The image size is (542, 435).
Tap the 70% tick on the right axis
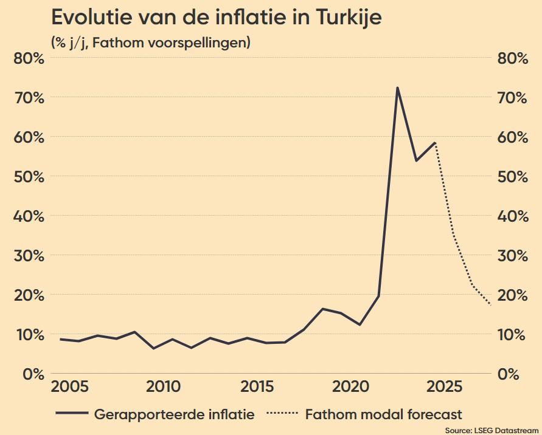pyautogui.click(x=512, y=97)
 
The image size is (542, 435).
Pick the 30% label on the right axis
pyautogui.click(x=512, y=255)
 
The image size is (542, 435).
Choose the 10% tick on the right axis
pyautogui.click(x=512, y=334)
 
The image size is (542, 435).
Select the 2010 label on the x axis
pyautogui.click(x=162, y=388)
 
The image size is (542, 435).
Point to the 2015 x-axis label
pyautogui.click(x=257, y=388)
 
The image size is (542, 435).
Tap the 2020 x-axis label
pyautogui.click(x=351, y=388)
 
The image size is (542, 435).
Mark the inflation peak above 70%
pyautogui.click(x=397, y=88)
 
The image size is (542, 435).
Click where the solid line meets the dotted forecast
pyautogui.click(x=435, y=143)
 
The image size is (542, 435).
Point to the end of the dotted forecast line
pyautogui.click(x=491, y=304)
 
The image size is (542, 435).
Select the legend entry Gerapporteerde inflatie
pyautogui.click(x=174, y=415)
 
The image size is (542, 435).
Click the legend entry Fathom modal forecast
pyautogui.click(x=383, y=415)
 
